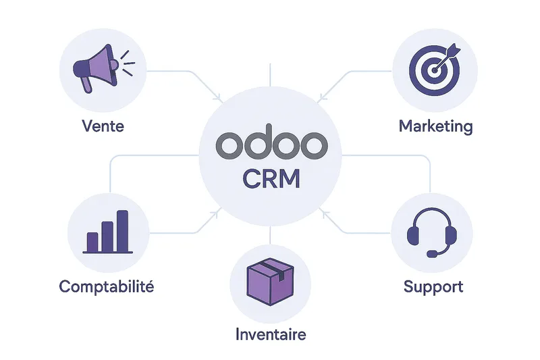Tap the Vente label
pyautogui.click(x=103, y=126)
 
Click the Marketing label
pyautogui.click(x=435, y=126)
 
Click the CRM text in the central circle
pyautogui.click(x=270, y=179)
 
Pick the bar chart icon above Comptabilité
pyautogui.click(x=107, y=232)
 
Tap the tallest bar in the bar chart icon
pyautogui.click(x=122, y=230)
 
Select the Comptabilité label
pyautogui.click(x=107, y=286)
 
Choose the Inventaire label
pyautogui.click(x=270, y=334)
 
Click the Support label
pyautogui.click(x=433, y=286)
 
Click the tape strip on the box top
pyautogui.click(x=273, y=270)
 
